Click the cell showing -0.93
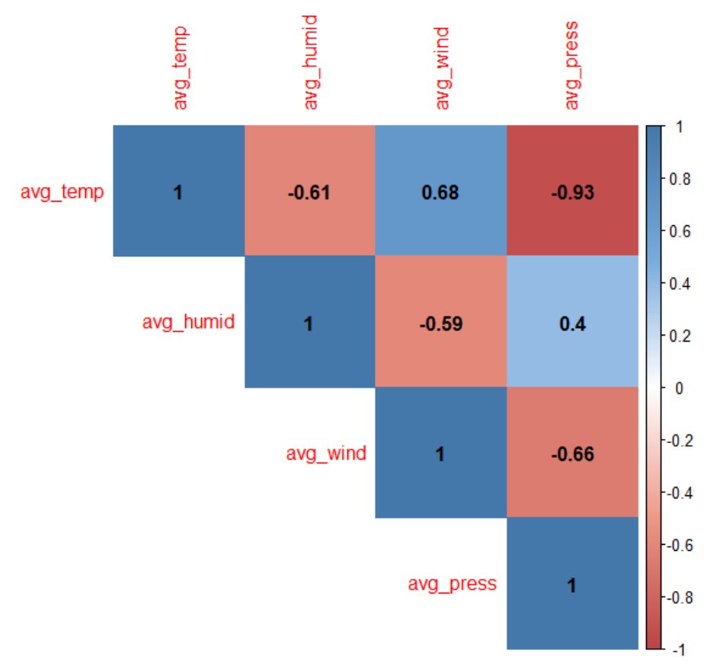[572, 192]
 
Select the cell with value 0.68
[440, 192]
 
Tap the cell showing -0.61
[309, 192]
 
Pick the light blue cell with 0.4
[572, 323]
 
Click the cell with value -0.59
[440, 323]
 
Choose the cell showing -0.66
[572, 454]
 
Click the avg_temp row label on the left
[62, 192]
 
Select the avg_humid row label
[188, 323]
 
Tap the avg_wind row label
[325, 453]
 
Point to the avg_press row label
[452, 584]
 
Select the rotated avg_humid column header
[310, 62]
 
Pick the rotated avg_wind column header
[441, 68]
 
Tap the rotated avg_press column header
[572, 65]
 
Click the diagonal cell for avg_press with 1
[572, 585]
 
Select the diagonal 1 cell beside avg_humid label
[309, 323]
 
